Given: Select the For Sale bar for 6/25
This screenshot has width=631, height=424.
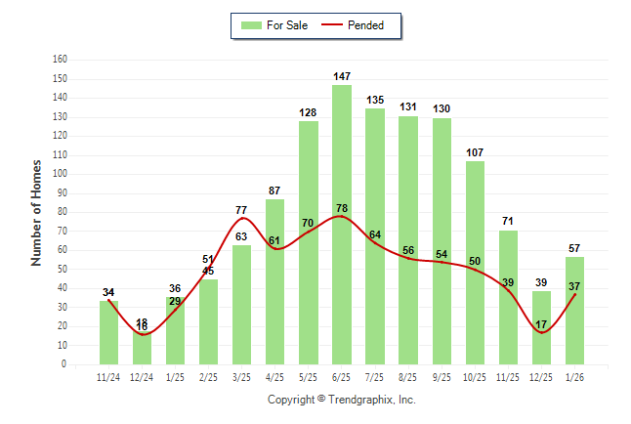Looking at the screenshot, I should point(342,225).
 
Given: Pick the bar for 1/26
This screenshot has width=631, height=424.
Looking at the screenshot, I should point(575,310).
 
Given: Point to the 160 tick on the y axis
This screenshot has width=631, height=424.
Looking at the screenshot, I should point(60,59).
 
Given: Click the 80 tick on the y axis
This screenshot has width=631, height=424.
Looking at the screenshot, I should point(63,211).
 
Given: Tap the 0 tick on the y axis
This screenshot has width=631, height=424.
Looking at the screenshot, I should point(64,364).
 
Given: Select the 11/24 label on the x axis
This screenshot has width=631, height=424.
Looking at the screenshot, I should point(108,376).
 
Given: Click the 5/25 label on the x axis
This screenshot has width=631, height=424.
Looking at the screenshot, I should point(309,376).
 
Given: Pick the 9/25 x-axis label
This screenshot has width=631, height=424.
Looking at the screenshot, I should point(442,376).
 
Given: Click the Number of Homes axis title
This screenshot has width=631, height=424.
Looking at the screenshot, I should point(37,212).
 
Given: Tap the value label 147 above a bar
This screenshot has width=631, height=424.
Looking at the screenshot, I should point(342,76).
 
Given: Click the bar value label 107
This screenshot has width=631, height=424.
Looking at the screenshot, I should point(475,152).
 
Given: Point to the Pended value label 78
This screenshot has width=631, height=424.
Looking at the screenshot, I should point(342,209).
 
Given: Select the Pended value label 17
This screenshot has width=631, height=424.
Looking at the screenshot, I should point(541,324).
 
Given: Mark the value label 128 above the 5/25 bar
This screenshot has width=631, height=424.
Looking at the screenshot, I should point(309,112).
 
